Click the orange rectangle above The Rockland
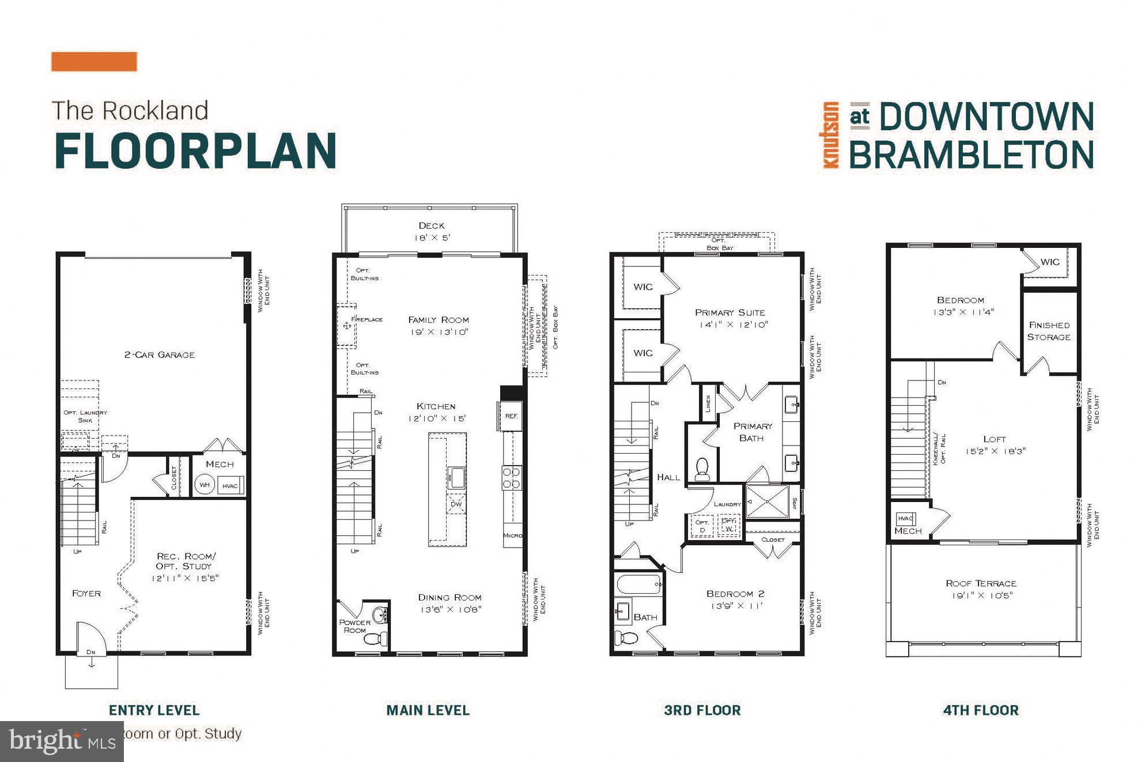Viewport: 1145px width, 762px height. [94, 62]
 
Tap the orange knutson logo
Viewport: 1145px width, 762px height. [830, 135]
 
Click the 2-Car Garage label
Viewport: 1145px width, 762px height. [160, 354]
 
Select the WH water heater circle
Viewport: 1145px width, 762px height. [205, 485]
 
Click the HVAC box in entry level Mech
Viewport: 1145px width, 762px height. [230, 485]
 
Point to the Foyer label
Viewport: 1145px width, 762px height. [86, 593]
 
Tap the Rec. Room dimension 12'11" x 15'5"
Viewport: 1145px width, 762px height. [185, 578]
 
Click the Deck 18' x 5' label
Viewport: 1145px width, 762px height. [432, 231]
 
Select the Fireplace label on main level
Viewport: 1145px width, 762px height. [366, 319]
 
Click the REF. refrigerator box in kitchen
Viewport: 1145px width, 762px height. [511, 416]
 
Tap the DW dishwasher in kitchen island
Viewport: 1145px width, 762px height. [456, 504]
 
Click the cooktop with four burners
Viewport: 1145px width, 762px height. [512, 478]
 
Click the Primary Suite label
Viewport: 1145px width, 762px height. [730, 312]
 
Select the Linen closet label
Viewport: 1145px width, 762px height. [708, 403]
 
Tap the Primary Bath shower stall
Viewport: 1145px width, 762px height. [767, 501]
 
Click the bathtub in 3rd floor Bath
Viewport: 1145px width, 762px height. [638, 584]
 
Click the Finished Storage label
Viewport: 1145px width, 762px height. [1049, 331]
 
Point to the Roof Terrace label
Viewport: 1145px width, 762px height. [981, 583]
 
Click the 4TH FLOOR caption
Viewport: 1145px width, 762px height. [980, 710]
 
